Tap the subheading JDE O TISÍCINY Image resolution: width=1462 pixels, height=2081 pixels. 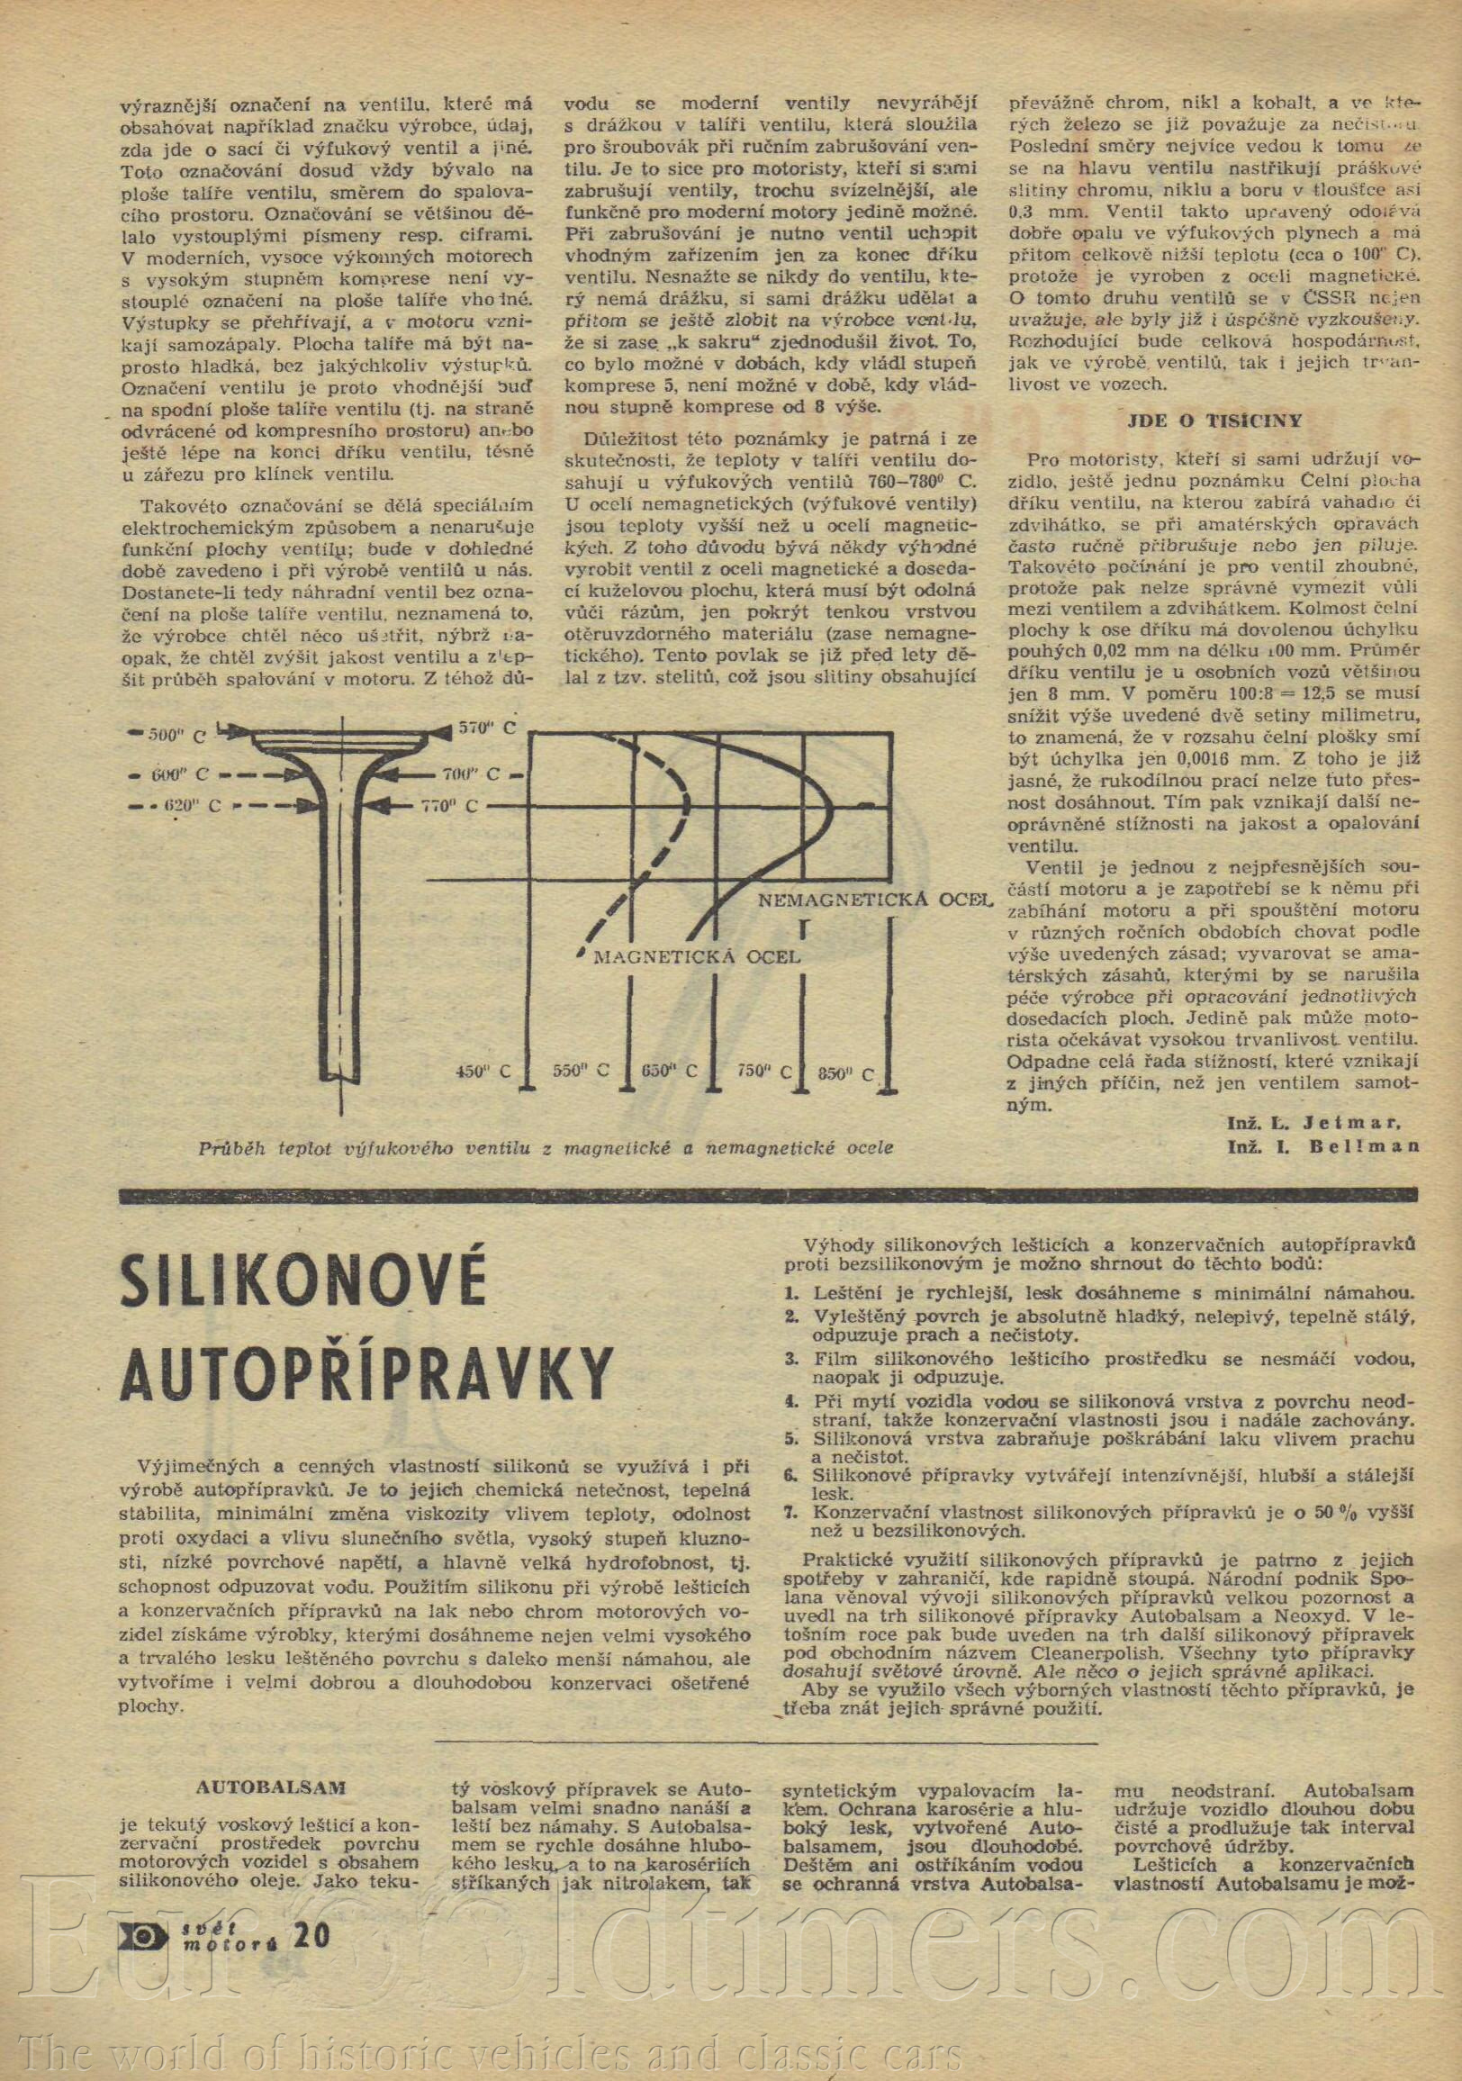pos(1214,421)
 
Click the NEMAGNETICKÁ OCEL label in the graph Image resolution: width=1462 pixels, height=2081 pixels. pos(874,900)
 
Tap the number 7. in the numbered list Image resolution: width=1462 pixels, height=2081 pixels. pos(791,1512)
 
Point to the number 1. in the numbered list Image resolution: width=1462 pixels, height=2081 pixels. pos(790,1294)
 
